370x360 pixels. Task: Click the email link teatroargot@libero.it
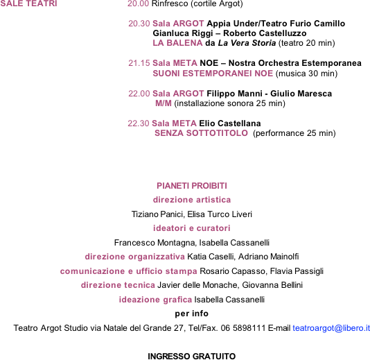click(x=331, y=328)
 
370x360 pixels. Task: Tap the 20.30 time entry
click(x=139, y=24)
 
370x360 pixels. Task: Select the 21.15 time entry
click(x=139, y=63)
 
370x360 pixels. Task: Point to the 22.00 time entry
click(x=139, y=94)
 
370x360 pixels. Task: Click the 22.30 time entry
click(x=139, y=123)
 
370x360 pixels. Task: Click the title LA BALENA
click(x=177, y=43)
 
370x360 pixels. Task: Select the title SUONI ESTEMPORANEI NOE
click(x=213, y=74)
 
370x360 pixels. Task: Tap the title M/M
click(x=164, y=103)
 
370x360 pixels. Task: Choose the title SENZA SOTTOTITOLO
click(x=201, y=133)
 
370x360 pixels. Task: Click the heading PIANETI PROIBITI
click(x=192, y=186)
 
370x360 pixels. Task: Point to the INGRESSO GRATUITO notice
click(x=192, y=357)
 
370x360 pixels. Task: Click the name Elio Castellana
click(x=230, y=123)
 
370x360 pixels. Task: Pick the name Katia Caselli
click(x=210, y=257)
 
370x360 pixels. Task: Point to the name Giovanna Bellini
click(x=272, y=285)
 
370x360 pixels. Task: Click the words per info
click(x=192, y=314)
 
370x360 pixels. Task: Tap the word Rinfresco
click(x=170, y=3)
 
